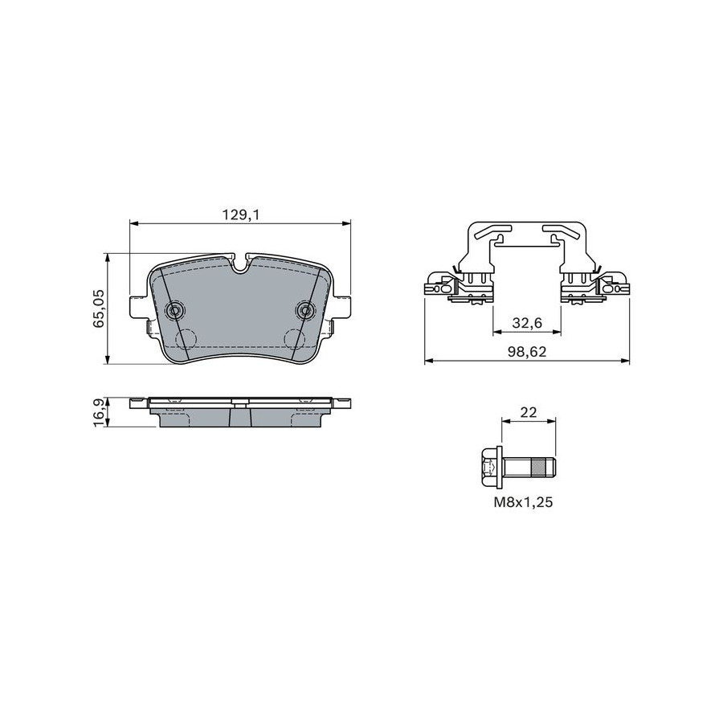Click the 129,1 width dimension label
click(239, 214)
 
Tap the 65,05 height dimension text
click(99, 308)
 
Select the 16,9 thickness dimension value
click(99, 412)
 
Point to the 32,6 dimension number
click(527, 323)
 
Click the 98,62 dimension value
click(527, 352)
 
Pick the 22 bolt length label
click(529, 412)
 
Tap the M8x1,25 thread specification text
click(523, 502)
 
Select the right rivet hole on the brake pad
click(304, 310)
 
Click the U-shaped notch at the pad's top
click(239, 263)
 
